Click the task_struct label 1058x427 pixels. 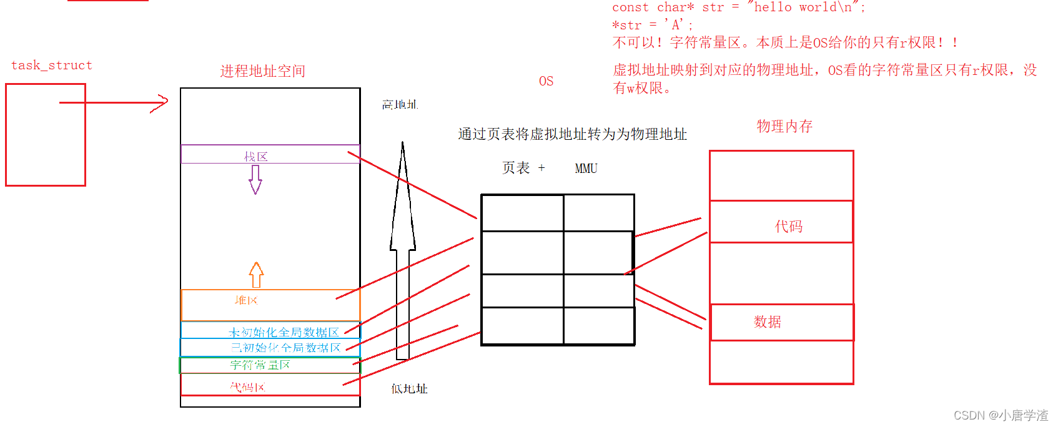point(52,66)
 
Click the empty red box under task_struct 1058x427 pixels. point(45,144)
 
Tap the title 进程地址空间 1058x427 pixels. point(262,71)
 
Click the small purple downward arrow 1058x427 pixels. point(255,179)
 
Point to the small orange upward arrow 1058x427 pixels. point(256,274)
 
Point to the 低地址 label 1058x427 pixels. point(409,389)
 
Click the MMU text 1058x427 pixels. point(586,169)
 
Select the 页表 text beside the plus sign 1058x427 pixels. point(516,168)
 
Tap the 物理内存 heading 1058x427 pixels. point(784,126)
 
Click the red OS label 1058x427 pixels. point(546,81)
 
